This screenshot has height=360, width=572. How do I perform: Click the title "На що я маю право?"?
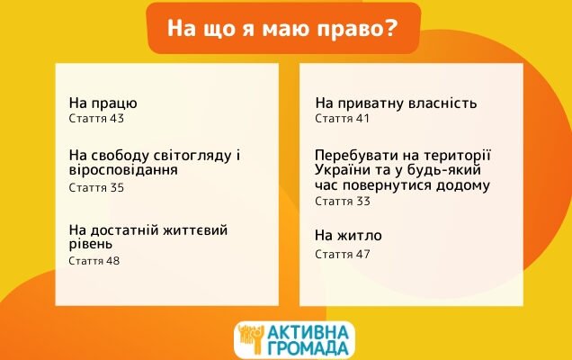coord(282,29)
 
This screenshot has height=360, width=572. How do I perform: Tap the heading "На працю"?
coord(103,103)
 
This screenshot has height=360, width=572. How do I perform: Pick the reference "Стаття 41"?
coord(342,119)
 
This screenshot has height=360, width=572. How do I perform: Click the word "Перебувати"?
coord(356,154)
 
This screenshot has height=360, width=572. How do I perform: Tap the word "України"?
coord(344,169)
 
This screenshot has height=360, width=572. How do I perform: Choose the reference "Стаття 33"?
coord(342,202)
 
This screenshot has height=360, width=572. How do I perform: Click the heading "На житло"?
coord(348,236)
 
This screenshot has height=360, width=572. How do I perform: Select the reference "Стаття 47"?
coord(342,254)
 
